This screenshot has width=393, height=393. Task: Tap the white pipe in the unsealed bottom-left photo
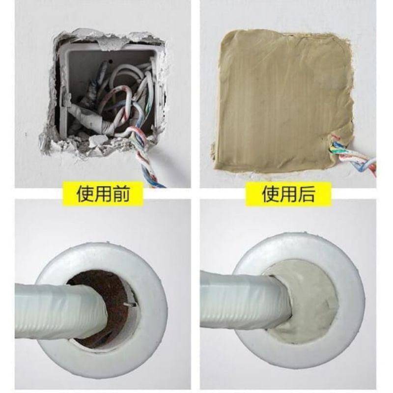54,305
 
